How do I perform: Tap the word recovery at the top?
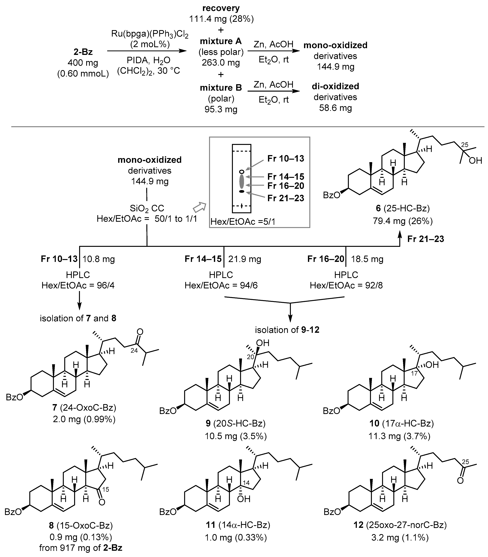[221, 8]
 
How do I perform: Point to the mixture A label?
[221, 41]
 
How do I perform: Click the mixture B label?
[221, 88]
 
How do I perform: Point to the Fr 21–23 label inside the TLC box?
[286, 198]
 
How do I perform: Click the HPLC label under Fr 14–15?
[221, 275]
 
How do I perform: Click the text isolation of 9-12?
[287, 330]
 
